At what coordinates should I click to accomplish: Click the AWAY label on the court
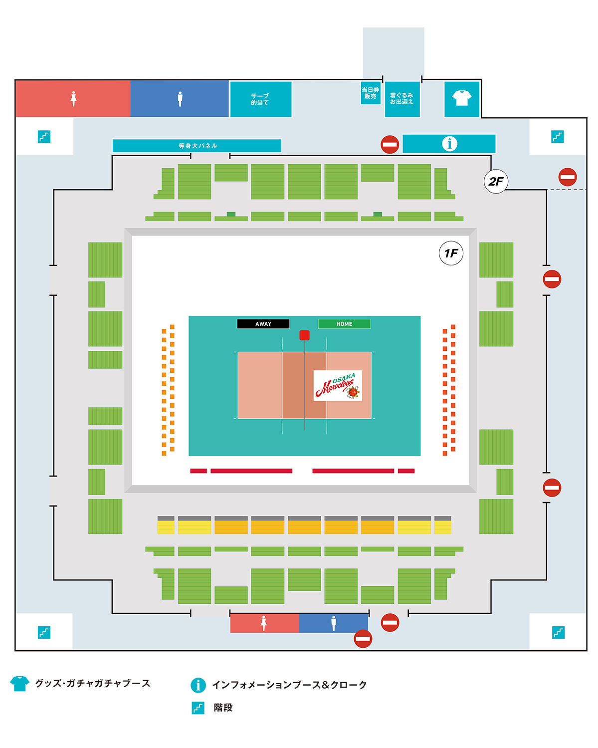point(263,324)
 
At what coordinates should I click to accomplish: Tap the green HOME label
point(344,324)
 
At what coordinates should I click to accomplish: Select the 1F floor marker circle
point(451,253)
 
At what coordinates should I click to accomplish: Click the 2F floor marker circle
point(496,181)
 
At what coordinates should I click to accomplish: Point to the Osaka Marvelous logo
point(338,386)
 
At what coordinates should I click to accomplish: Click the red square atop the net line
point(304,335)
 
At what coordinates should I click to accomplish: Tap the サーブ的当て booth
point(260,99)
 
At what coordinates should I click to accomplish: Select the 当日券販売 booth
point(371,93)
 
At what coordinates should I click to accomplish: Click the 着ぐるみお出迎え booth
point(402,99)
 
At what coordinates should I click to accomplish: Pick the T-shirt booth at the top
point(462,98)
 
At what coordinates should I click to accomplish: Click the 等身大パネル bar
point(197,146)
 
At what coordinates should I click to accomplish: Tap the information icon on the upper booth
point(449,144)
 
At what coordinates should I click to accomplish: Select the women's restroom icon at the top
point(73,99)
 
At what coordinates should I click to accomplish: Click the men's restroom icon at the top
point(180,99)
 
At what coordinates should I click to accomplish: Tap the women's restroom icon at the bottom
point(264,623)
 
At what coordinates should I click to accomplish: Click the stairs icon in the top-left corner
point(44,136)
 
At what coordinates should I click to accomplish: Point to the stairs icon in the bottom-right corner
point(558,633)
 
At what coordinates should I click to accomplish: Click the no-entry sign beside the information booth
point(390,144)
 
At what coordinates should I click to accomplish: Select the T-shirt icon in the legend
point(19,683)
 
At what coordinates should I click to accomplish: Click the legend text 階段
point(223,708)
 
